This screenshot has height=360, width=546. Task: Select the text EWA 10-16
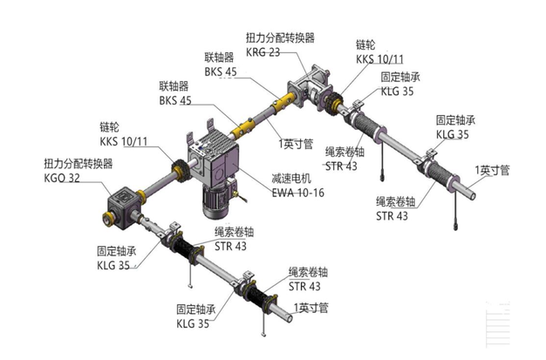coord(297,192)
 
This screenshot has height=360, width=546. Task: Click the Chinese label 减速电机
coord(290,178)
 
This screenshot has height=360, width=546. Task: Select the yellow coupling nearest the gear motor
coord(242,128)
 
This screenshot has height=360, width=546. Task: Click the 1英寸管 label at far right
coord(491,169)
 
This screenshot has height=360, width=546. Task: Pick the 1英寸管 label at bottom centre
coord(311,308)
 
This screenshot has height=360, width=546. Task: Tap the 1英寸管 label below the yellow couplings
coord(296,142)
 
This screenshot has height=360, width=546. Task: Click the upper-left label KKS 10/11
coord(123,140)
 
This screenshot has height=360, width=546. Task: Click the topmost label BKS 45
coord(222,71)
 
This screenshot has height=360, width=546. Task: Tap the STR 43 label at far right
coord(392,216)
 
